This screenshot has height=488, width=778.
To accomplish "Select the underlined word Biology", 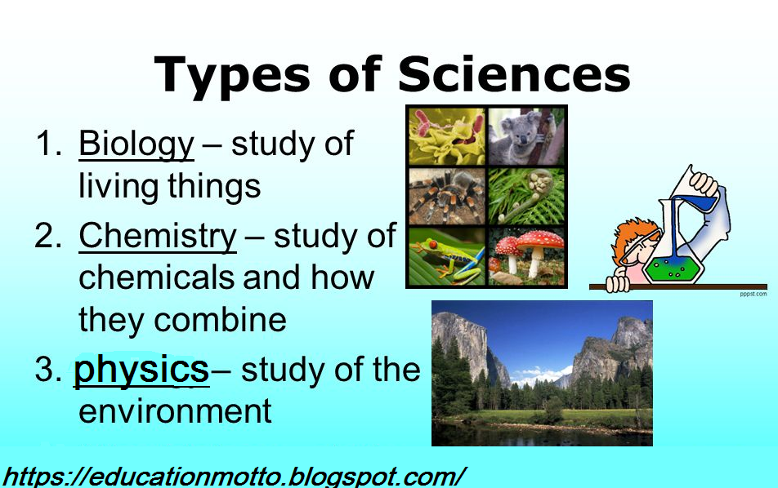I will click(136, 144).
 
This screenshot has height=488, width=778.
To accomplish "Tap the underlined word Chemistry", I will click(157, 236).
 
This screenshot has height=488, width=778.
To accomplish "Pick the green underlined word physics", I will click(141, 369).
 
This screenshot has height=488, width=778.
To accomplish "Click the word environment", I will click(175, 410).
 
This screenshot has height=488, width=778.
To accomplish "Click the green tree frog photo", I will click(446, 255).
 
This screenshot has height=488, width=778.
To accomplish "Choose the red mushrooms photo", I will click(525, 255).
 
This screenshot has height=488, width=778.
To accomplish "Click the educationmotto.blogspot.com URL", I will click(235, 476).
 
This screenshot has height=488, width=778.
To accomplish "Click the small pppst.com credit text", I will click(753, 294).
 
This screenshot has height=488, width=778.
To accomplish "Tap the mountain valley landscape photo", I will click(542, 373).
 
